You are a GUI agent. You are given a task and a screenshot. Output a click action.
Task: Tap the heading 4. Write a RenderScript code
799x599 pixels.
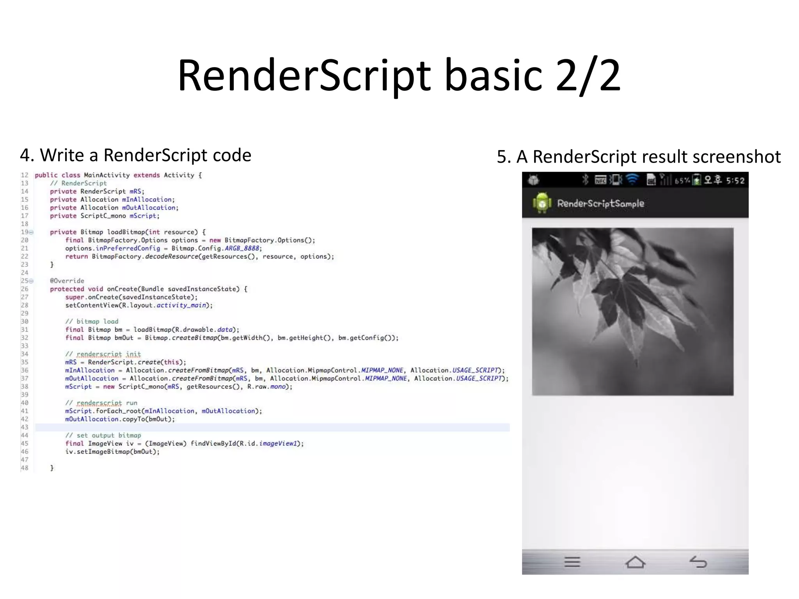click(135, 155)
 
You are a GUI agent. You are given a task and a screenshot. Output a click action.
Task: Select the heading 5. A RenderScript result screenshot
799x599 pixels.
click(639, 157)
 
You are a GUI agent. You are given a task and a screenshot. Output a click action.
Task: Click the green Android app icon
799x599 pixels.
click(542, 203)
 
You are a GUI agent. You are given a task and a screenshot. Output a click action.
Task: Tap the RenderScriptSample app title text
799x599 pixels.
click(600, 204)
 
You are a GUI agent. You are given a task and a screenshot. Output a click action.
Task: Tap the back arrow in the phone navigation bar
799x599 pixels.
click(698, 562)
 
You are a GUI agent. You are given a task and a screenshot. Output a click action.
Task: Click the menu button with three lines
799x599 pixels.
click(572, 562)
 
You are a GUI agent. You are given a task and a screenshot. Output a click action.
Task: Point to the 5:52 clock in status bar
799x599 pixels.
click(735, 180)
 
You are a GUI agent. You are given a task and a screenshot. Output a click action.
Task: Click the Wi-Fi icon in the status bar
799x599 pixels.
click(632, 179)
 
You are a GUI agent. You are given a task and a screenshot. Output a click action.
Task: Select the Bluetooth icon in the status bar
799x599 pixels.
click(585, 179)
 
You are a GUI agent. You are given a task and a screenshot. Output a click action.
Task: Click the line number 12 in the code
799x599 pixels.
click(25, 175)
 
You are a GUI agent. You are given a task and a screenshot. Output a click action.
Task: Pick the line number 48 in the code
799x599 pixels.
click(25, 468)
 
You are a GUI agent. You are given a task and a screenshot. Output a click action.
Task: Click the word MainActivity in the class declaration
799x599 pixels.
click(107, 175)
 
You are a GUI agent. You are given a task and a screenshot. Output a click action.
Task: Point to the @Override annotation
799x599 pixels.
click(67, 281)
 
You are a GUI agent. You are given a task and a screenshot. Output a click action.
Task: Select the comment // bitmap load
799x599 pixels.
click(92, 321)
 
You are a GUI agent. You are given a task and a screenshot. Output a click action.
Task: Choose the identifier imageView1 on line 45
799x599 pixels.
click(278, 443)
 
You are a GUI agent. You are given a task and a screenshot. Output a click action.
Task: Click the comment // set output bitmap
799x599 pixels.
click(103, 435)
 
